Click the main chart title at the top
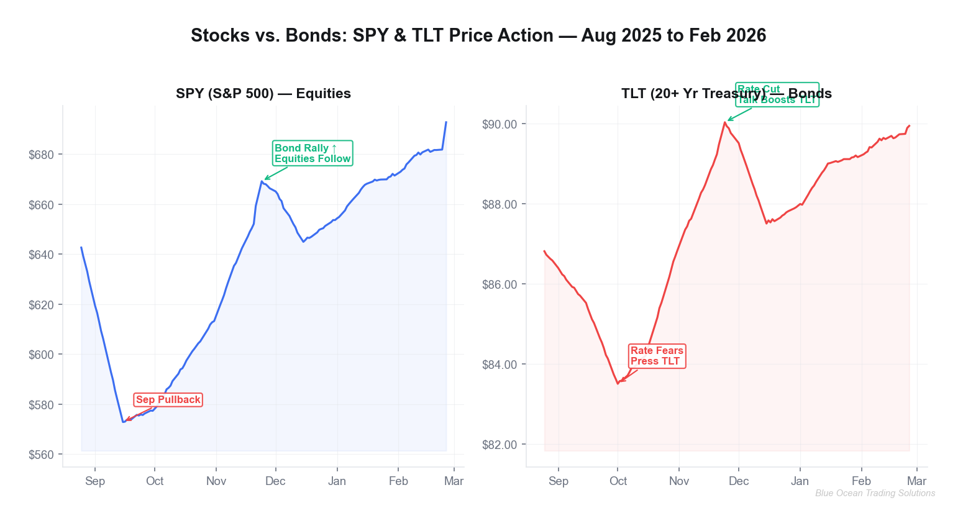[478, 35]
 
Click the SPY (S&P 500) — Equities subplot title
[263, 94]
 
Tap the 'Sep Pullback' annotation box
[168, 400]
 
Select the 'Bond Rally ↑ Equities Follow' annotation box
[313, 153]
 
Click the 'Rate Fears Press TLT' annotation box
[657, 356]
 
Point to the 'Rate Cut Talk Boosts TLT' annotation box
[777, 94]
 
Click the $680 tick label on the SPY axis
[42, 155]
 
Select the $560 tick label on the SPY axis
[42, 455]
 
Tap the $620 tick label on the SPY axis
[42, 305]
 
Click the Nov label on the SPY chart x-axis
[216, 481]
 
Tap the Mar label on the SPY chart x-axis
[454, 481]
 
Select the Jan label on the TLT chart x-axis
[800, 481]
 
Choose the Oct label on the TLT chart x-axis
[618, 481]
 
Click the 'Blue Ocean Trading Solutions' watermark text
[875, 493]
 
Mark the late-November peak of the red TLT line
[724, 122]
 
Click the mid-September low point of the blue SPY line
[123, 422]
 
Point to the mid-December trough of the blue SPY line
[303, 242]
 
